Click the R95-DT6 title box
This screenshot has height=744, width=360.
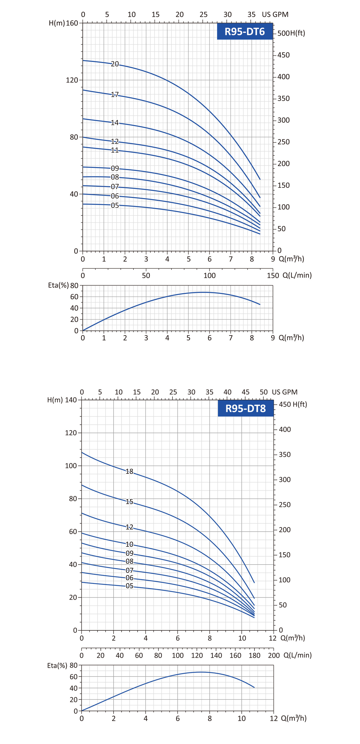(x=245, y=31)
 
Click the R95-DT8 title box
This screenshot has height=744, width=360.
(x=246, y=408)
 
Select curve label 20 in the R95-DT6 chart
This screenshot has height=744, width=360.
(x=115, y=64)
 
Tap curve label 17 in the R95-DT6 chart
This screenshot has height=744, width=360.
(x=115, y=94)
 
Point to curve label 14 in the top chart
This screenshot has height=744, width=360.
(x=115, y=123)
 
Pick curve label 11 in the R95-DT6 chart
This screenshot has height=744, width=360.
(x=115, y=150)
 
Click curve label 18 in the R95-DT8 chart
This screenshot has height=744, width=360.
(x=129, y=471)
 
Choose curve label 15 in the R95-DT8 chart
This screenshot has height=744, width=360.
(x=129, y=501)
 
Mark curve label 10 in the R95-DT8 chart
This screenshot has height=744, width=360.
(x=129, y=544)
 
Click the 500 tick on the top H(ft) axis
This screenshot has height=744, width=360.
(x=283, y=33)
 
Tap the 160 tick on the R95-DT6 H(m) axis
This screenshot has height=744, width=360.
(x=72, y=23)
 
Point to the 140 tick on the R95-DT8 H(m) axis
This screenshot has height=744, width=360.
(x=71, y=400)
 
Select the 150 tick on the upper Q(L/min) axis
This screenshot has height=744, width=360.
(x=273, y=275)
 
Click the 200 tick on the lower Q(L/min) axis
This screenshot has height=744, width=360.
(x=274, y=655)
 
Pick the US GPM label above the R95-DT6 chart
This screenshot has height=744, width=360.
(x=275, y=14)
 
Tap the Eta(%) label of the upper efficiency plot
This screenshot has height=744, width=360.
(x=58, y=285)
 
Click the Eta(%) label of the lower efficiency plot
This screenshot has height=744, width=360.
(x=57, y=665)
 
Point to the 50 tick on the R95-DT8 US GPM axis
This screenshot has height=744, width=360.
(x=263, y=392)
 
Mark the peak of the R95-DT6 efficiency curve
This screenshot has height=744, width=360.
(x=204, y=292)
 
